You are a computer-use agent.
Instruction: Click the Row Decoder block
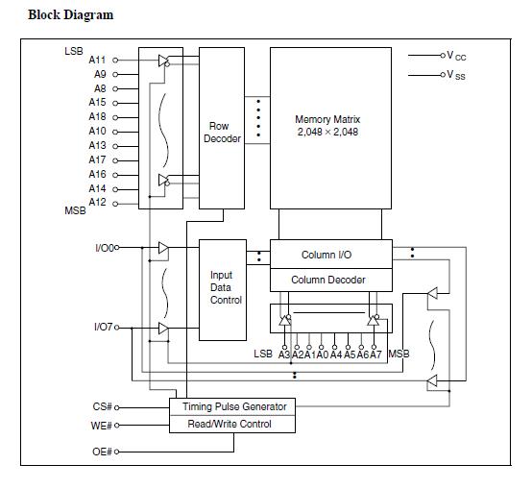click(222, 129)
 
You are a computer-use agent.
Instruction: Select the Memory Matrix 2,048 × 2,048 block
click(330, 129)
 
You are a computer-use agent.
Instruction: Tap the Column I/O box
click(330, 255)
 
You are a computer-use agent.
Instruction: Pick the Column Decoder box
click(330, 280)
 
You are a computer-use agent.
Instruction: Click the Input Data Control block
click(223, 290)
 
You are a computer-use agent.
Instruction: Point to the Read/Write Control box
click(232, 424)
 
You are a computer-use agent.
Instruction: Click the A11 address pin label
click(97, 61)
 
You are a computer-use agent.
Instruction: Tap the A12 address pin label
click(97, 203)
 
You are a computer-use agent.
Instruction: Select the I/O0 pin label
click(105, 248)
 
